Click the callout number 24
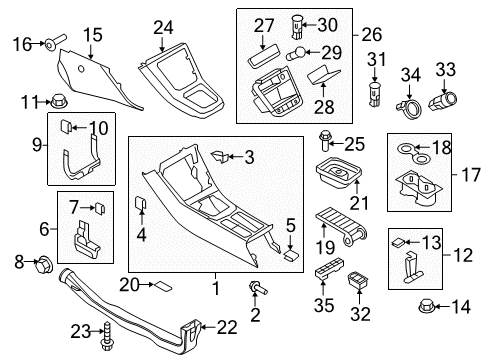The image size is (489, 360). tap(163, 28)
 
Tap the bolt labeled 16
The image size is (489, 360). tap(56, 41)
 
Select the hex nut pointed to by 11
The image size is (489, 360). tap(59, 101)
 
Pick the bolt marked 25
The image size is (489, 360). tap(325, 141)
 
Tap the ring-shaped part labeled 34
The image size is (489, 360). tap(409, 108)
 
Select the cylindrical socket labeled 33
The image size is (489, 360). tap(442, 101)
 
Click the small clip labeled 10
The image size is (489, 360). tap(65, 126)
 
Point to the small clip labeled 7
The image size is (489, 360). tap(100, 208)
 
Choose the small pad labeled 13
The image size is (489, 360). tap(398, 242)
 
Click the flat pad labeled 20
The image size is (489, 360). tap(162, 286)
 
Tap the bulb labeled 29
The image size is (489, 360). tap(295, 53)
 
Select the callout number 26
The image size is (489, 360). tap(372, 35)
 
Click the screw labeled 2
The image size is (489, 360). tap(258, 288)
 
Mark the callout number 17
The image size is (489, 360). tap(471, 175)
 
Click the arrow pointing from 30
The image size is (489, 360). tap(309, 25)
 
